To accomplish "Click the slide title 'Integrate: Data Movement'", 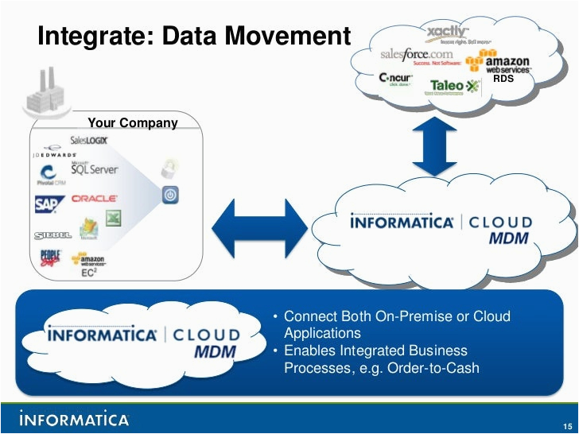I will pos(194,37).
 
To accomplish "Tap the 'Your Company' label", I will pos(133,122).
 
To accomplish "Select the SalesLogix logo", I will pos(89,140).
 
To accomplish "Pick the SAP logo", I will pos(48,203).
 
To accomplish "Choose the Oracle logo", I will pos(95,198).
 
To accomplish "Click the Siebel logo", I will pos(53,235).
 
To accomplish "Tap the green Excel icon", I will pos(114,218).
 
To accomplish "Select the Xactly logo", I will pos(449,33).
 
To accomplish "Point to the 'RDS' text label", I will pos(503,79).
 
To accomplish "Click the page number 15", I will pos(565,424).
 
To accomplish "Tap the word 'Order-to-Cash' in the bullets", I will pos(434,367).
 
